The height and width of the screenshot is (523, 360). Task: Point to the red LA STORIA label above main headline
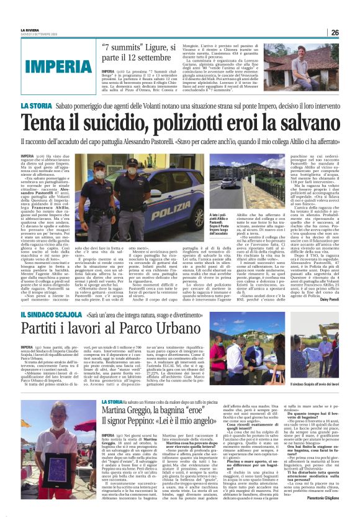(34, 107)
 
